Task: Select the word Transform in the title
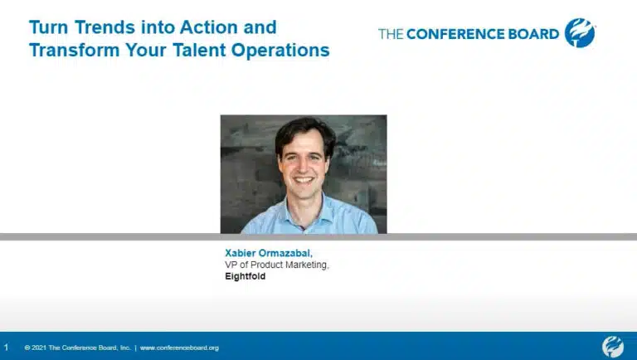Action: tap(75, 51)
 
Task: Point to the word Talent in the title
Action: tap(199, 51)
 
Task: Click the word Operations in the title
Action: tap(280, 51)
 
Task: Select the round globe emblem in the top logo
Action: tap(580, 33)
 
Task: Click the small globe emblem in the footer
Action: tap(613, 347)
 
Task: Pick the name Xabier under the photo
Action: tap(240, 253)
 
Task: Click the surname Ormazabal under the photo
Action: tap(285, 253)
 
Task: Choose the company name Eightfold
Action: tap(246, 276)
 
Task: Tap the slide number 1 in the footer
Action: tap(6, 348)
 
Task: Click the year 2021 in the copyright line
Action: tap(39, 348)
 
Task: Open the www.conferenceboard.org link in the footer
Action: tap(179, 348)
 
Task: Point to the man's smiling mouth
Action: tap(304, 180)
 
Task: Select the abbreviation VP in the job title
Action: tap(231, 265)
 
